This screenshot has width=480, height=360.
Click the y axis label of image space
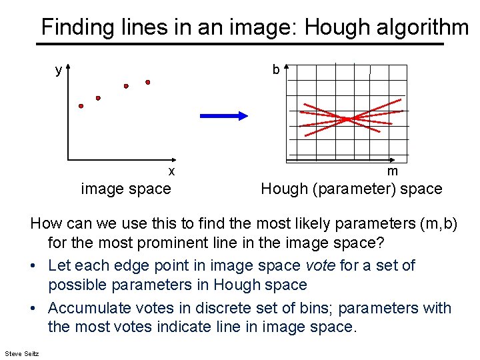tap(59, 70)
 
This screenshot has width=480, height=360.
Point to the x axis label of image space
tap(171, 171)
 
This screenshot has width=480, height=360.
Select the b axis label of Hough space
tap(275, 70)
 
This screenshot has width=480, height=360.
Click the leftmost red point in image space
tap(81, 105)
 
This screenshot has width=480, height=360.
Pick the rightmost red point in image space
tap(148, 83)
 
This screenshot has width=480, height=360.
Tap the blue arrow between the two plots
tap(223, 116)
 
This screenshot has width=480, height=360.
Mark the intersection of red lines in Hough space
tap(347, 119)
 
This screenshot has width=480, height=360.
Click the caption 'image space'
tap(126, 189)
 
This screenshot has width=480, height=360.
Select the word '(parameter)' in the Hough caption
tap(346, 189)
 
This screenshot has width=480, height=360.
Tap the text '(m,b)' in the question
tap(436, 223)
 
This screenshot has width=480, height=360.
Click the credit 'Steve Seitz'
tap(21, 352)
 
